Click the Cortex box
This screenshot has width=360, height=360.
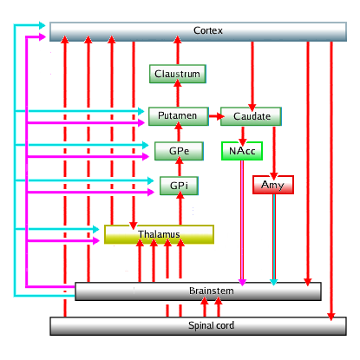(198, 31)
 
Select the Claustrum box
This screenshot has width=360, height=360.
(178, 74)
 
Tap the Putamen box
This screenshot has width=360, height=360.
(179, 116)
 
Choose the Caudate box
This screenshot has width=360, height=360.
(251, 116)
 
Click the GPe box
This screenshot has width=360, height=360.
(179, 151)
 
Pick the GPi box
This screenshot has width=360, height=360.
(179, 186)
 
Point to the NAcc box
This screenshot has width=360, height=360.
(242, 151)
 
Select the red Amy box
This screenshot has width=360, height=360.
(273, 185)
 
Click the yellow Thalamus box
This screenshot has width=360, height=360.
(159, 234)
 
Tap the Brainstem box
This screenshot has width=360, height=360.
(198, 291)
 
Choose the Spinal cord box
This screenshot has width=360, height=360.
(198, 326)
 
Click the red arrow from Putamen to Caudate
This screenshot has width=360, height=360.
(217, 116)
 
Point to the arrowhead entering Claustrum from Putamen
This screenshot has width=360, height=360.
(178, 83)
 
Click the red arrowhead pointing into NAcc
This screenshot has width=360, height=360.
(243, 141)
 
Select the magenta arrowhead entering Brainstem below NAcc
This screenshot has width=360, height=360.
(242, 283)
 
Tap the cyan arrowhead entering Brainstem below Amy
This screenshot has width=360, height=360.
(273, 282)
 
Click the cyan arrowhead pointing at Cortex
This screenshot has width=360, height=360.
(43, 25)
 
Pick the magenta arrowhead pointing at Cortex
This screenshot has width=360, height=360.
(43, 37)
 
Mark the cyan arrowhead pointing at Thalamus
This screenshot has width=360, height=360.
(96, 229)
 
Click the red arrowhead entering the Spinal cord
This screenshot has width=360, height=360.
(331, 317)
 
